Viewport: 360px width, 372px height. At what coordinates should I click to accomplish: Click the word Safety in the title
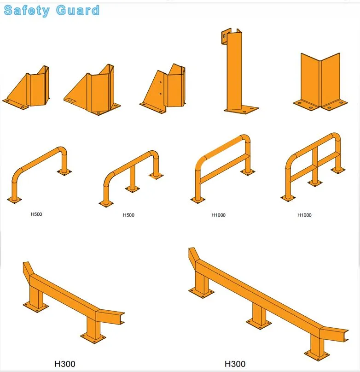(x=27, y=10)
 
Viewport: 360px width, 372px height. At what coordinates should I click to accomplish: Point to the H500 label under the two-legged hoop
(x=36, y=214)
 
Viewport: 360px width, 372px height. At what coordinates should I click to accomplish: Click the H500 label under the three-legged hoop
(x=128, y=215)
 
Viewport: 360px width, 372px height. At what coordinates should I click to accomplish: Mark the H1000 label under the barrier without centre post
(x=219, y=215)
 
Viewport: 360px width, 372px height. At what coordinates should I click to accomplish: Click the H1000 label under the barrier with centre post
(x=304, y=215)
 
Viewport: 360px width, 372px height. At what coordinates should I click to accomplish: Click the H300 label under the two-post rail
(x=65, y=364)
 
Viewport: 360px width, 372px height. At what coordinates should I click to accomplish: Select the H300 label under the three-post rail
(x=235, y=364)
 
